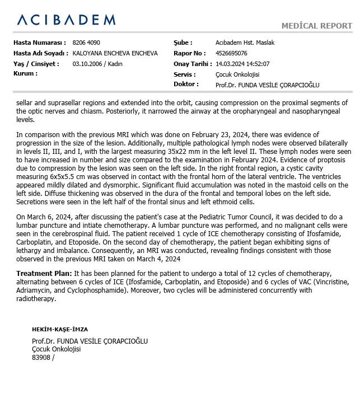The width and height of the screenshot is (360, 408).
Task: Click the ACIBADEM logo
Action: [x=66, y=20]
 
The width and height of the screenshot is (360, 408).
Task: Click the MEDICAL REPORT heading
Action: [x=316, y=26]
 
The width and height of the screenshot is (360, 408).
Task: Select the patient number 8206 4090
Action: [x=87, y=43]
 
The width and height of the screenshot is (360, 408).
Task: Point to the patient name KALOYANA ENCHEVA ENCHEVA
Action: [x=115, y=53]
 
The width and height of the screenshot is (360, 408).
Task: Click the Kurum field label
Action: [x=25, y=74]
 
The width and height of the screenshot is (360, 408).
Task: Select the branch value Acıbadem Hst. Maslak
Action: [x=245, y=43]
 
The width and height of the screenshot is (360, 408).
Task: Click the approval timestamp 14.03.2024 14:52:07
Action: [x=242, y=64]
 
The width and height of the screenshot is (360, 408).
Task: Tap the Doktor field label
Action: [x=186, y=85]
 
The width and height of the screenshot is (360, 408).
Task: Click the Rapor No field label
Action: [x=188, y=53]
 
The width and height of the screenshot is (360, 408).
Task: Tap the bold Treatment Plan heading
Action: [x=44, y=273]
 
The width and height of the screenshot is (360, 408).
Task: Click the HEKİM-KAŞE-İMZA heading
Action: [x=60, y=330]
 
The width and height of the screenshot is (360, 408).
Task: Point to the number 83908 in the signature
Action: [x=41, y=357]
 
